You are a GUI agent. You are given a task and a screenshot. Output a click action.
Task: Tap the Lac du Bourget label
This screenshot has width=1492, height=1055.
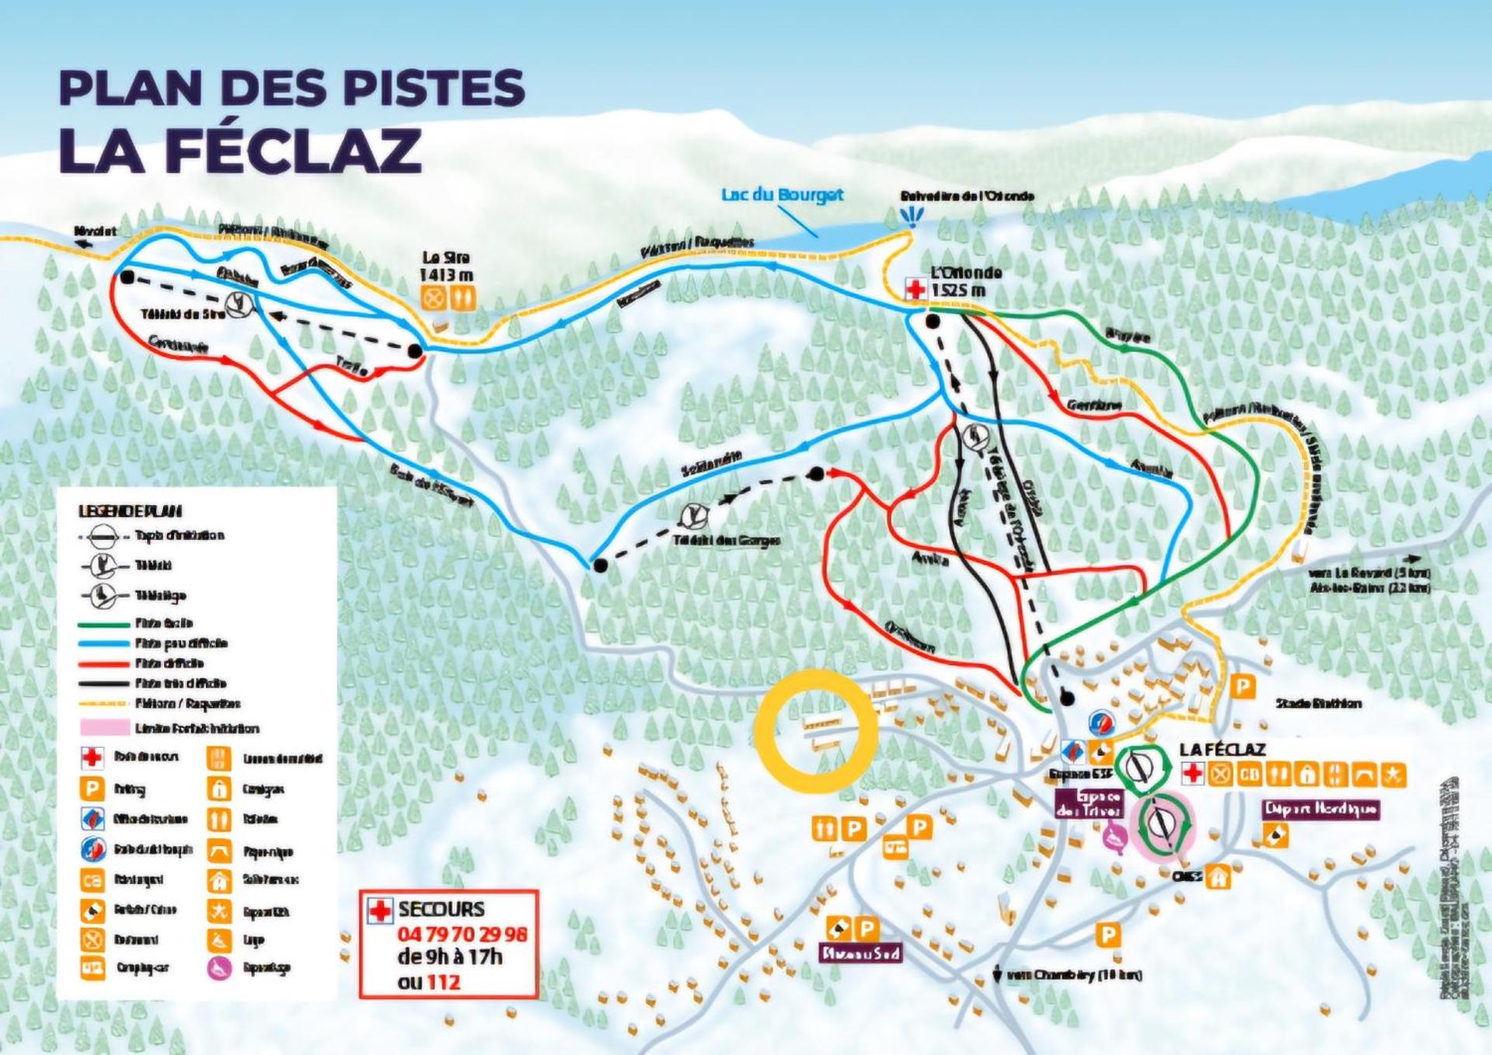pos(782,194)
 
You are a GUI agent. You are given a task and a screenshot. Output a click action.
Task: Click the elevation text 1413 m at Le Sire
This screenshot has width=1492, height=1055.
pos(446,275)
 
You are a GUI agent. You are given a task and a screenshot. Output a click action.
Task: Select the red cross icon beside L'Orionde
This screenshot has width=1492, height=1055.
pos(916,289)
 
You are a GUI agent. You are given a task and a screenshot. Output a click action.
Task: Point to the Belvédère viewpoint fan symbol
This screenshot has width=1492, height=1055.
pos(911,216)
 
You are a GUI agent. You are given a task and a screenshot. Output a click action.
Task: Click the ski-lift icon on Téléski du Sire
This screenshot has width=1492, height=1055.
pos(241,304)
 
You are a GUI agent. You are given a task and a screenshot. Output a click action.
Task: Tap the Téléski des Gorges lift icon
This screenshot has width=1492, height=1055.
pos(692,516)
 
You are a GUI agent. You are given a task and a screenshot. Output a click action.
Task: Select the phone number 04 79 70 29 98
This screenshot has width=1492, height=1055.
pos(462,934)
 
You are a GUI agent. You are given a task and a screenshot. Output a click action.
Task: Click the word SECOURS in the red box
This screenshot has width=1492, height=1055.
pos(441,909)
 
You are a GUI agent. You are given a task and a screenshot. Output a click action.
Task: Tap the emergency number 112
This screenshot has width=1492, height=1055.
pos(443,982)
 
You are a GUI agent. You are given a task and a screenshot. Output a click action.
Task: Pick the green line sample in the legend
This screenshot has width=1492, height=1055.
pos(103,623)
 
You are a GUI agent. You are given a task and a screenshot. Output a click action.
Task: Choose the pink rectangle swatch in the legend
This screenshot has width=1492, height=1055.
pos(104,728)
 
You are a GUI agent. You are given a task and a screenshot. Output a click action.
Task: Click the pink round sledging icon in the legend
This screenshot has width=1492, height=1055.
pos(220,968)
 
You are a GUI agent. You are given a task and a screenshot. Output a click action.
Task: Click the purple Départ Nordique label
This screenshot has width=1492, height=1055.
pos(1320,810)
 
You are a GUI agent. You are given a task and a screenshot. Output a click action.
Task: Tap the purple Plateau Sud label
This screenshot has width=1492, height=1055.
pos(861,952)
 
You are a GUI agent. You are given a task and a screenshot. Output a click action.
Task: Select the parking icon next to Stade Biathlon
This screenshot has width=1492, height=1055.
pos(1243,686)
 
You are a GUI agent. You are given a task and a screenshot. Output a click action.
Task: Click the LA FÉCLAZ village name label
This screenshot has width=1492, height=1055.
pos(1222,749)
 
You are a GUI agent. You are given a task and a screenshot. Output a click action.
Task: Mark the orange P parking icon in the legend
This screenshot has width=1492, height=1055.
pos(92,789)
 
